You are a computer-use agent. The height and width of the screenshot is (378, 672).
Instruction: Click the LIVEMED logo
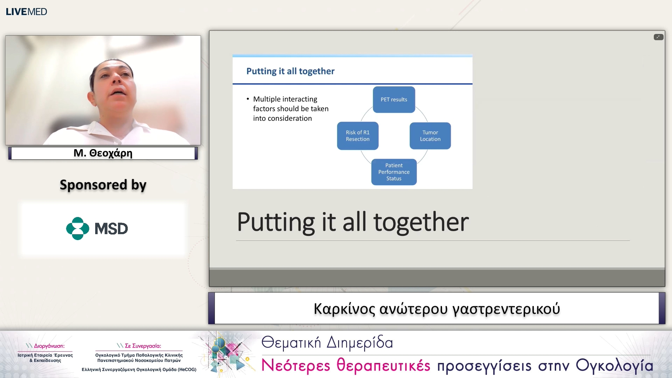click(x=26, y=12)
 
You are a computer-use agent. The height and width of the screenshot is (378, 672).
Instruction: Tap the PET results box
click(x=394, y=100)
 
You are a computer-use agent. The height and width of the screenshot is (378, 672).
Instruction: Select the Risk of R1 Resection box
click(x=358, y=136)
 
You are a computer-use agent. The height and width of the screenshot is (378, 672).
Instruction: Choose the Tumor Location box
click(x=430, y=136)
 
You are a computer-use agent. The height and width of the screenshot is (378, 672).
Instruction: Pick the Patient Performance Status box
click(x=394, y=172)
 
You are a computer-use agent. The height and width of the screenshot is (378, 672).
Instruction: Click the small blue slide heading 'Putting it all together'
click(x=290, y=71)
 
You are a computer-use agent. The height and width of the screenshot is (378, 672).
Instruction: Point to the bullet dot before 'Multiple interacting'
click(x=248, y=99)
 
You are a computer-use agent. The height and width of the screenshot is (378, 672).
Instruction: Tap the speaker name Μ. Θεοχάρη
click(x=103, y=153)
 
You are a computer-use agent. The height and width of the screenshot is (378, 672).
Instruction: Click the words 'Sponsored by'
click(x=103, y=185)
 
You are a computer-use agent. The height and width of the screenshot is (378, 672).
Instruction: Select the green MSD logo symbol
click(x=77, y=229)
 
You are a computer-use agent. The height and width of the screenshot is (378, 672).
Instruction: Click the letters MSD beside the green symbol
click(x=111, y=229)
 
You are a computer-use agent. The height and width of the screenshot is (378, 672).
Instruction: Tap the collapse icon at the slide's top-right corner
click(x=658, y=37)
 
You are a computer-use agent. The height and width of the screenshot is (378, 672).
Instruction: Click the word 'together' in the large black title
click(x=421, y=222)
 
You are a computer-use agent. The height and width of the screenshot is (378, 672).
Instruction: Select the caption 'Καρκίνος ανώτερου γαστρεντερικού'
click(x=437, y=309)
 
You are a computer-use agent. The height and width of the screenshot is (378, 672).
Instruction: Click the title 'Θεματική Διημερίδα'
click(x=327, y=343)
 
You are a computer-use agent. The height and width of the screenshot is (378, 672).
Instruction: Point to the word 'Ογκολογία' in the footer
click(x=614, y=366)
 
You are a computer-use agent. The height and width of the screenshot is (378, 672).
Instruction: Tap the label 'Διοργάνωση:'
click(x=49, y=346)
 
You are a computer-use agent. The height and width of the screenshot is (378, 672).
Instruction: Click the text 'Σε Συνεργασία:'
click(x=143, y=346)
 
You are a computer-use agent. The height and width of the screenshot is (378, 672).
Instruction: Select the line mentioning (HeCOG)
click(x=139, y=370)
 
